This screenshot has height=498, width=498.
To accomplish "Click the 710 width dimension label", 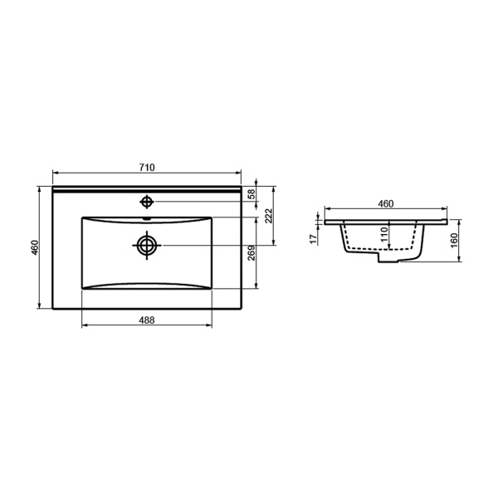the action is point(147,167).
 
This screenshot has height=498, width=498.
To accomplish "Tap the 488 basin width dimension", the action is point(147,320).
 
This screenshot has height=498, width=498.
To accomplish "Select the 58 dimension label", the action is point(251,193).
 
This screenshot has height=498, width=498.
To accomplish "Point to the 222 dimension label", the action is point(269,216).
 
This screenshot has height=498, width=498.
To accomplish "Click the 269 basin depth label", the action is point(251,253).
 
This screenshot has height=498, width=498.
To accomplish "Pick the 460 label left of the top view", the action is point(35,247).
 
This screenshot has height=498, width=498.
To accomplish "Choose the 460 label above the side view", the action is point(386,203).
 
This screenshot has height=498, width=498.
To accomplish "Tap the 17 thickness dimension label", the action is point(314,239).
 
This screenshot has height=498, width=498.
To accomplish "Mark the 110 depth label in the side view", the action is point(384,234).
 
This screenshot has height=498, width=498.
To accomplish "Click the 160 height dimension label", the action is point(454,241).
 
